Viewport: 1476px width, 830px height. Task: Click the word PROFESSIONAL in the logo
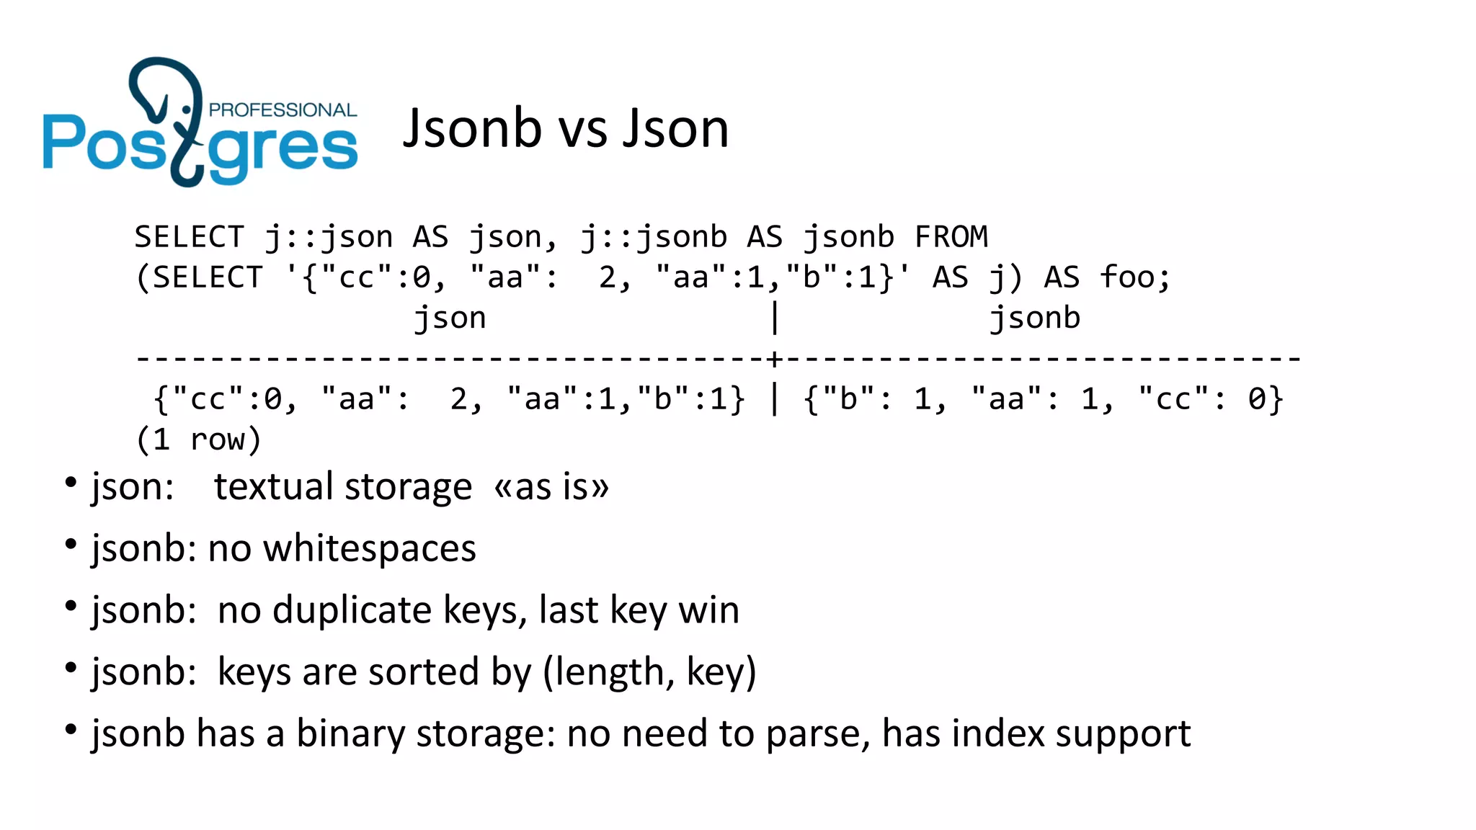pos(283,110)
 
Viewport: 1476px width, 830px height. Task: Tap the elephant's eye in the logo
pos(187,110)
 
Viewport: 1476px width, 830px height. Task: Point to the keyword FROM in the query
pos(951,237)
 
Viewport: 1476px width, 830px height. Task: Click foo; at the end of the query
pos(1136,277)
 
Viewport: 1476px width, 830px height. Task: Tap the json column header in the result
pos(450,318)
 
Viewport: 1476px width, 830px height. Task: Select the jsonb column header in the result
pos(1034,318)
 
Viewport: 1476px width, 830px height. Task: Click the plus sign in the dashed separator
pos(774,358)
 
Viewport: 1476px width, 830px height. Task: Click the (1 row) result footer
pos(198,439)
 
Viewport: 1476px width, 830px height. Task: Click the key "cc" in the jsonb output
pos(1173,398)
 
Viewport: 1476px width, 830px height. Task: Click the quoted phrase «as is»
pos(551,487)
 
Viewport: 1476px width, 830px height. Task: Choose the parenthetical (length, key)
pos(649,672)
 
